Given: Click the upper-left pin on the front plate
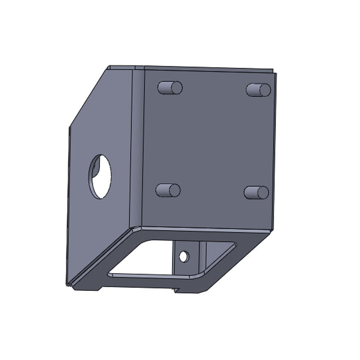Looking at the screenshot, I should (x=169, y=88).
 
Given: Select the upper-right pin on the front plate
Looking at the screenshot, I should (x=258, y=90).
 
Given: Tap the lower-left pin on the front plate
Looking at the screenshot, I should (x=168, y=190).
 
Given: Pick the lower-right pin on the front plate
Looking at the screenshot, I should (x=256, y=193).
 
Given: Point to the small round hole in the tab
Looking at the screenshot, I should (x=183, y=256).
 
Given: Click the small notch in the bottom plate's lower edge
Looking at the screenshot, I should (x=176, y=291).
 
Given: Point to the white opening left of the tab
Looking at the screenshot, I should (x=144, y=258).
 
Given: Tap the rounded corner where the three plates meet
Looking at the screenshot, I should (x=135, y=229).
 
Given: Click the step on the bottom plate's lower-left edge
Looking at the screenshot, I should (x=100, y=288).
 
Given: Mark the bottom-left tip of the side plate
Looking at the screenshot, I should (x=68, y=284).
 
